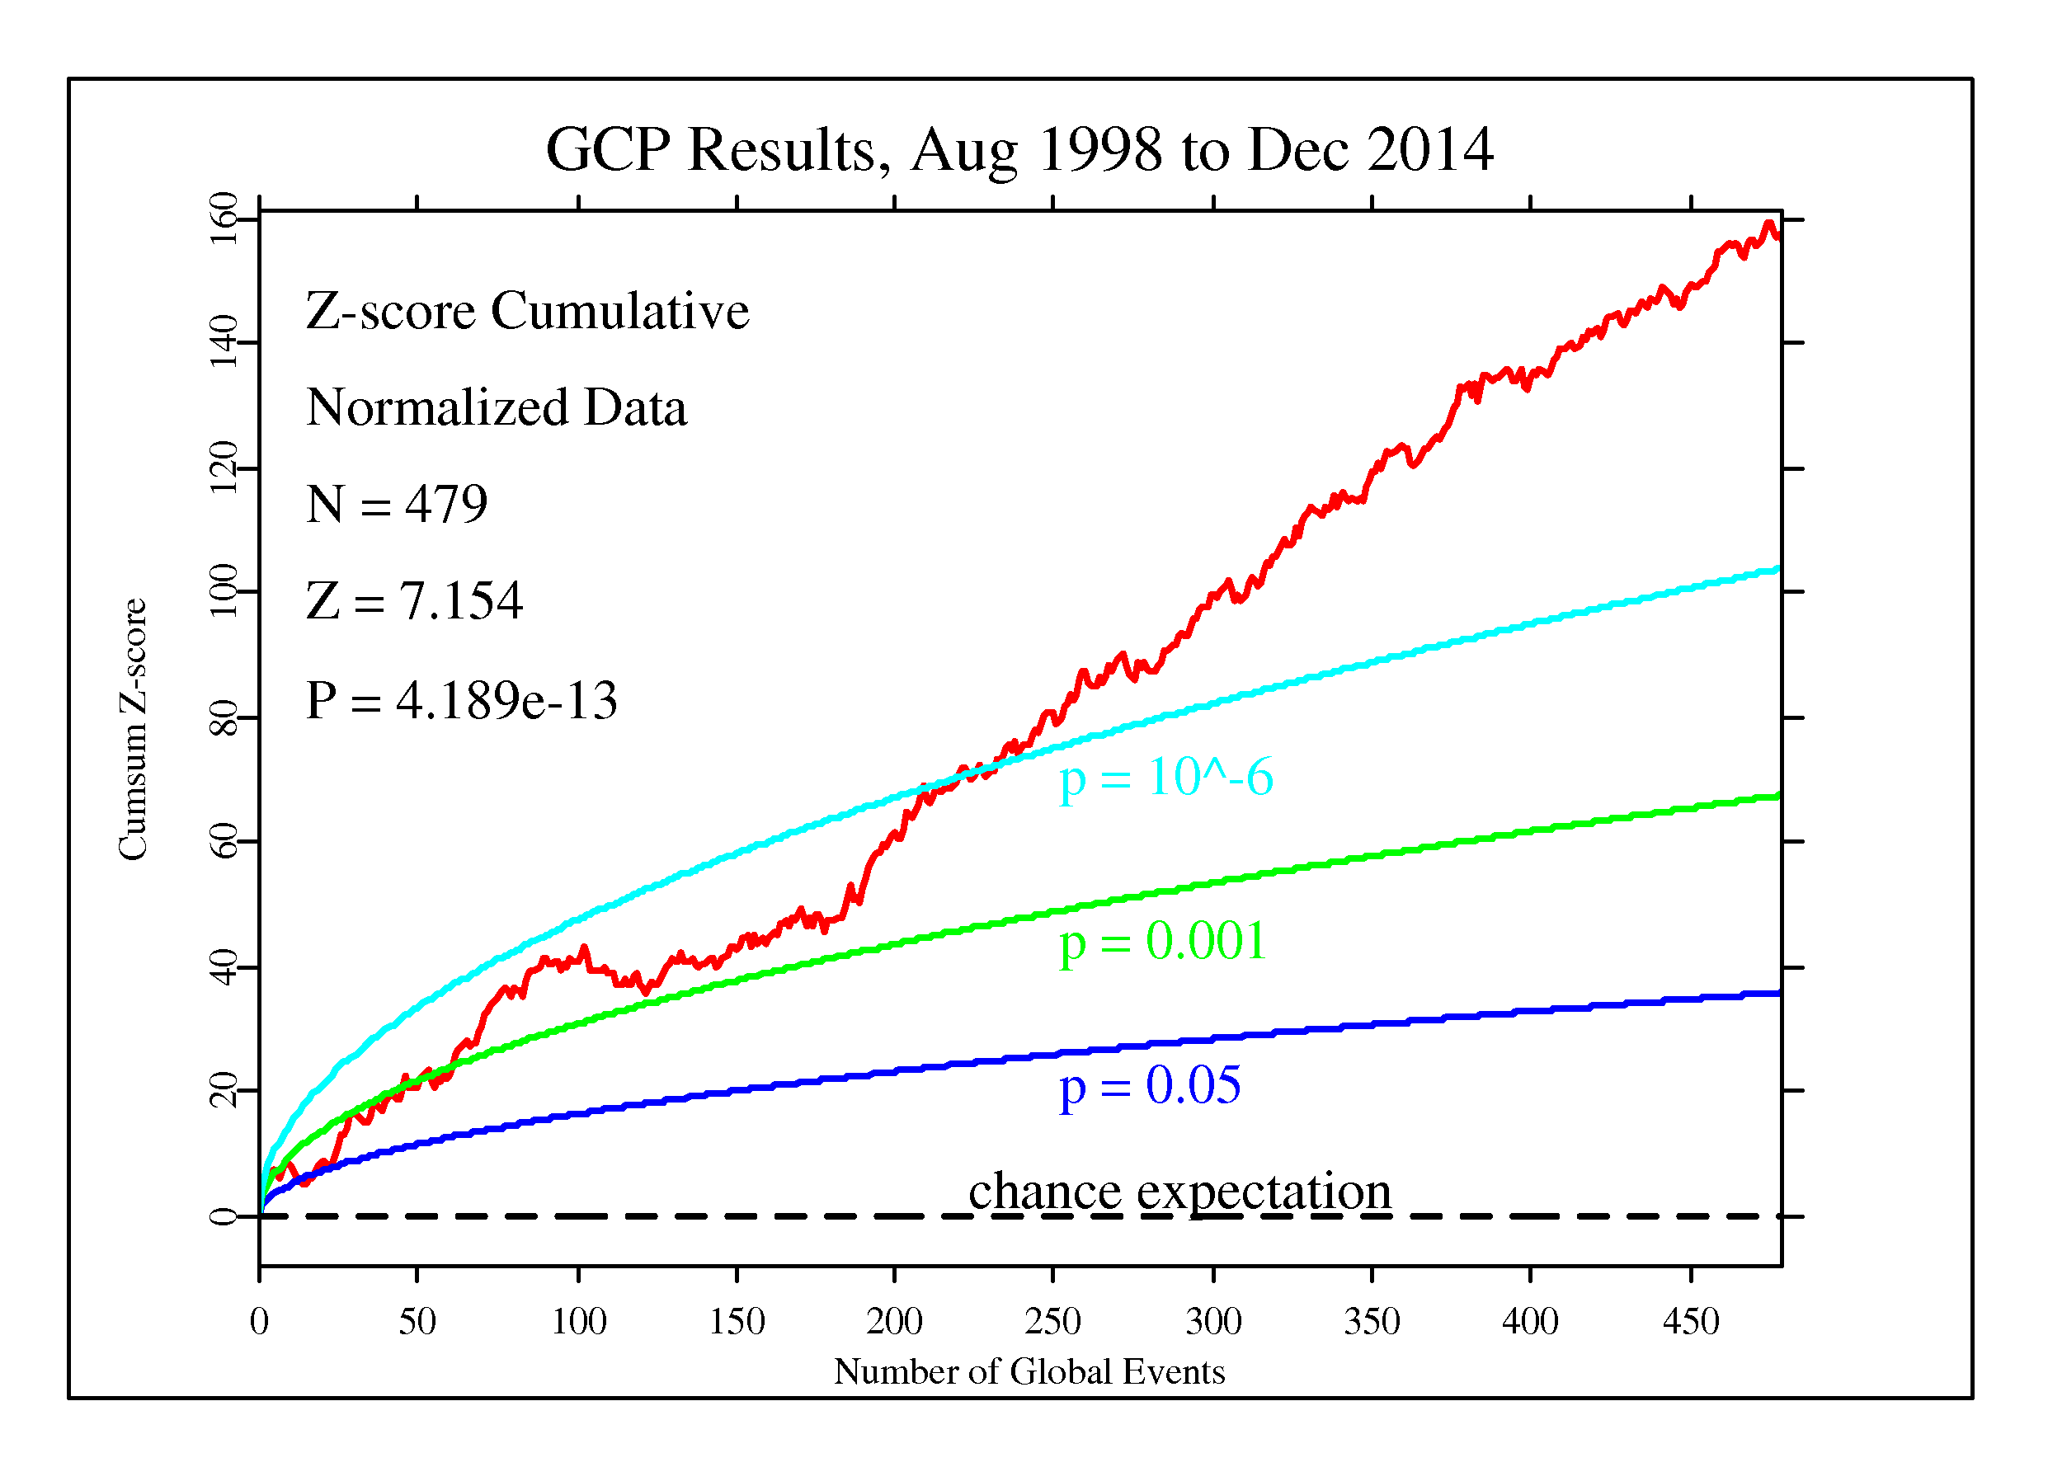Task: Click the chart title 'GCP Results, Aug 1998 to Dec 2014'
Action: tap(1019, 150)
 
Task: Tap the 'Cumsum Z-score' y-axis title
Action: tap(134, 730)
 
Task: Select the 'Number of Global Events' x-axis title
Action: tap(1029, 1372)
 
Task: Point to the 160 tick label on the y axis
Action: tap(223, 219)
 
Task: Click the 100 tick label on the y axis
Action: tap(223, 591)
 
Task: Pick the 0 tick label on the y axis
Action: tap(223, 1217)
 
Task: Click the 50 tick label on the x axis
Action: tap(417, 1323)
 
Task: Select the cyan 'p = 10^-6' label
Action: tap(1165, 778)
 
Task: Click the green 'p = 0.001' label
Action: tap(1163, 942)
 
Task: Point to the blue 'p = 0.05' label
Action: tap(1150, 1086)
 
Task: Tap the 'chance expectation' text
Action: tap(1179, 1192)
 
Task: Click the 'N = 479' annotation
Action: tap(397, 504)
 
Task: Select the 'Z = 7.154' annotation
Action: tap(415, 601)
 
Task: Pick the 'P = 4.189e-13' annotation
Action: tap(461, 701)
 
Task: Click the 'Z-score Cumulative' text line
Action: tap(527, 312)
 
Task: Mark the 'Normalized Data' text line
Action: tap(497, 408)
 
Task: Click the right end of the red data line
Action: tap(1778, 237)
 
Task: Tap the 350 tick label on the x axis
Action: tap(1372, 1323)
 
